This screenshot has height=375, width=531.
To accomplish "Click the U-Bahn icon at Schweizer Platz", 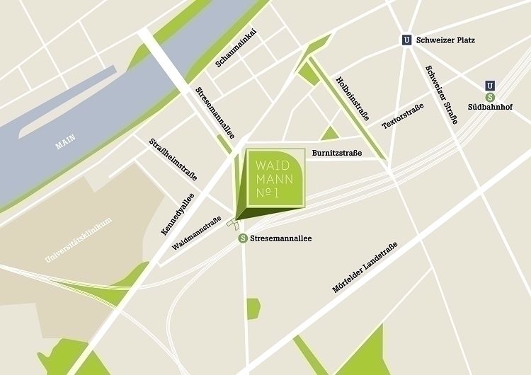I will pos(406,41).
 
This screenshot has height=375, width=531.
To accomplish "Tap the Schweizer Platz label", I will pos(446,41).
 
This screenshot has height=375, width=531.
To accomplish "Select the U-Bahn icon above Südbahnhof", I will pos(490,86).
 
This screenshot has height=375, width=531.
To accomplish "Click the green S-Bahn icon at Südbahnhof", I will pos(490,97).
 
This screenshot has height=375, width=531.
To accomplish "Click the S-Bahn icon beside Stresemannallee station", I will pos(243,238).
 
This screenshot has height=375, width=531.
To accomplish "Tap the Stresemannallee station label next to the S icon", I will pos(280,238).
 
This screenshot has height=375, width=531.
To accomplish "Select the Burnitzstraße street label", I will pos(337,153).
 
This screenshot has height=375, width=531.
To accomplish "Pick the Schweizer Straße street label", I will pos(441,94).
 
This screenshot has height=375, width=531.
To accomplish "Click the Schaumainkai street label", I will pos(235,49).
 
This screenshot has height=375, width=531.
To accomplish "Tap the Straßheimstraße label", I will pos(173,159).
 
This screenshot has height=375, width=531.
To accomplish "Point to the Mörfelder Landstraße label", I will pos(365,267).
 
